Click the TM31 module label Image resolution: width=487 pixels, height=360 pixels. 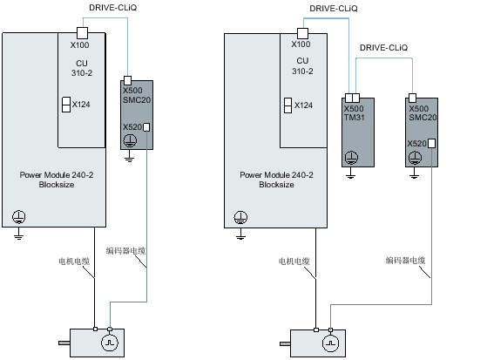coord(354,118)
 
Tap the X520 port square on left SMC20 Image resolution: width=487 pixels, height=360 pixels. coord(146,127)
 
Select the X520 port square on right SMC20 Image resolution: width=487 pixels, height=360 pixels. coord(431,143)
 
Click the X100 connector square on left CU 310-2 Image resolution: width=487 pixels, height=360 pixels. coord(82,33)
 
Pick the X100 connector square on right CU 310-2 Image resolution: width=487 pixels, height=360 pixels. coord(303,34)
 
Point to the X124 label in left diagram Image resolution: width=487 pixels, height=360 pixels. coord(81,105)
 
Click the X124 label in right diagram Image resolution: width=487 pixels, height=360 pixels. coord(303,105)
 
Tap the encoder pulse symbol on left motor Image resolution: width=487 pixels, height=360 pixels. coord(110,343)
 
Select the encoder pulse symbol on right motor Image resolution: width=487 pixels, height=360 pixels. coord(330,343)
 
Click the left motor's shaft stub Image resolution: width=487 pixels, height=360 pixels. coord(64,343)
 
